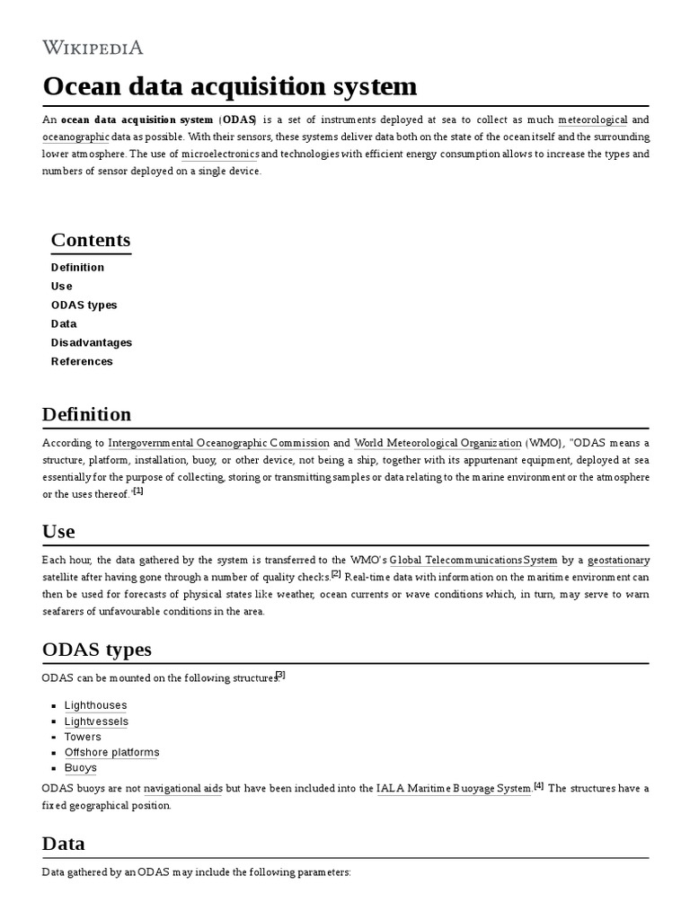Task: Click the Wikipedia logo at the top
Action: click(x=93, y=47)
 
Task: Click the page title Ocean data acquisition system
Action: click(x=229, y=86)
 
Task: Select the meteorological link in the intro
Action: click(x=592, y=119)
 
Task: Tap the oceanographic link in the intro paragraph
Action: click(x=75, y=137)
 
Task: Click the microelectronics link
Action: click(x=220, y=154)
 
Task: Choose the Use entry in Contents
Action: click(x=61, y=286)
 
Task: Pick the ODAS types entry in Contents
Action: click(x=84, y=305)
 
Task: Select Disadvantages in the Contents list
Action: click(x=91, y=342)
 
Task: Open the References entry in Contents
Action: click(x=82, y=361)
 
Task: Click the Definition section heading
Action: click(x=86, y=414)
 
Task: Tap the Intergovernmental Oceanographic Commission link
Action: click(x=218, y=443)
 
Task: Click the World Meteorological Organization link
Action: click(x=438, y=443)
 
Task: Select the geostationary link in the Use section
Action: click(x=618, y=560)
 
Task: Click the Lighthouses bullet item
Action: click(x=95, y=705)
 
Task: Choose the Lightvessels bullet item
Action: click(x=96, y=721)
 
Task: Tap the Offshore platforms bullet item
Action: click(x=111, y=752)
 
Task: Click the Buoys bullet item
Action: click(x=80, y=768)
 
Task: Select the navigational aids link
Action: click(x=182, y=788)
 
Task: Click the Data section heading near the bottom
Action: click(x=64, y=844)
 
